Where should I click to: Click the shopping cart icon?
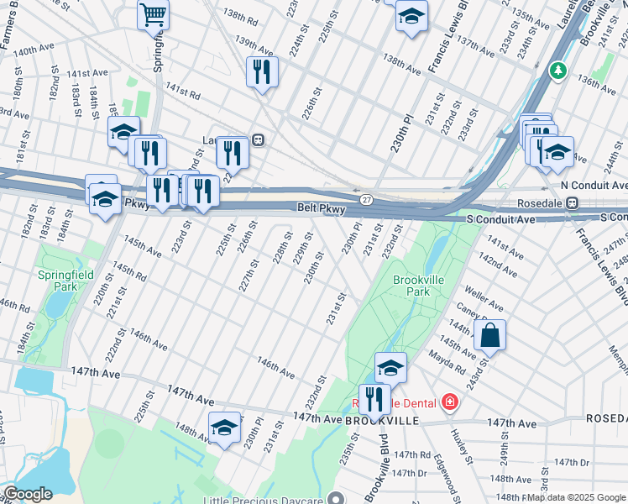click(x=153, y=13)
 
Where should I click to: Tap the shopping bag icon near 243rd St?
click(x=489, y=336)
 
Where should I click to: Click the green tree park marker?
click(x=556, y=71)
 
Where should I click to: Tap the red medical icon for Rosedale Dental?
click(x=450, y=402)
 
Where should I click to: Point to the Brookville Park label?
click(x=411, y=286)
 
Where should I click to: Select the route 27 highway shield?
click(x=367, y=199)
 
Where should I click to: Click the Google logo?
click(x=27, y=494)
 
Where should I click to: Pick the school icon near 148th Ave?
click(x=224, y=429)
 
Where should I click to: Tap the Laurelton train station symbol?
click(x=259, y=140)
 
